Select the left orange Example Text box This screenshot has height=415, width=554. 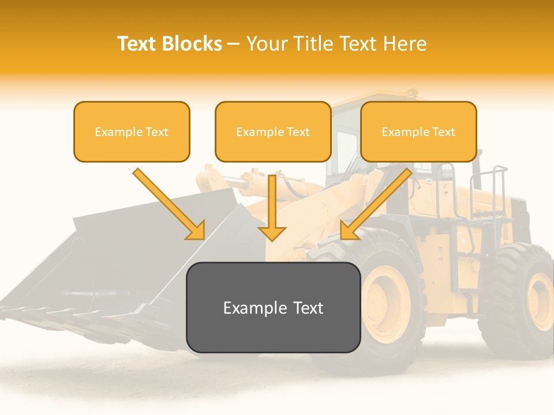pos(132,132)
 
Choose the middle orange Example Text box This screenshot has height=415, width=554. pos(273,132)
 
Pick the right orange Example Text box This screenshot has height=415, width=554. pos(418,132)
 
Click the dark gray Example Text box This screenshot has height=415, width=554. pos(274,308)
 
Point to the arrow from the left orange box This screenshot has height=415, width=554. pos(167,202)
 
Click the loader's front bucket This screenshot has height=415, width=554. pos(115,259)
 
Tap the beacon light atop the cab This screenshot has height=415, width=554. pos(412,92)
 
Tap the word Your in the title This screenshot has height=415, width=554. pos(267,44)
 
